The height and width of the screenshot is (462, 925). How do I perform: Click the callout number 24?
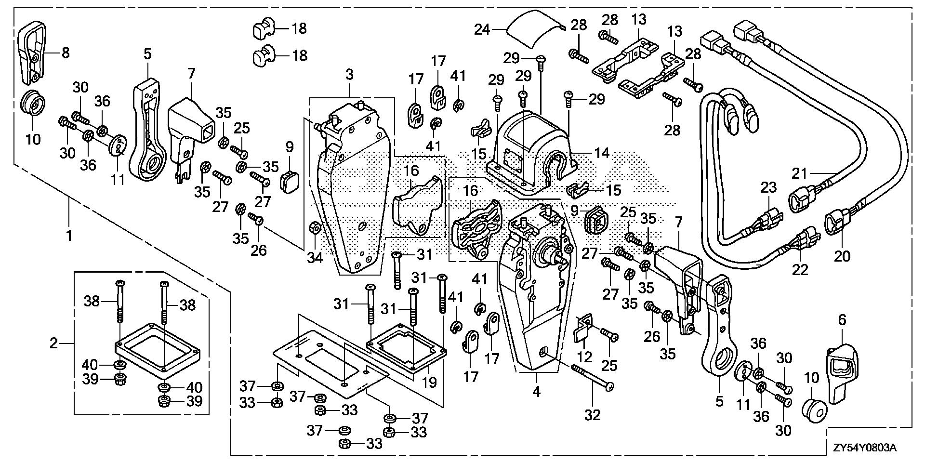(x=482, y=30)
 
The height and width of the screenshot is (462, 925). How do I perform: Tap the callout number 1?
(x=69, y=236)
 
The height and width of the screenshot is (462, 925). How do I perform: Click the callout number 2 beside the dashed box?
(x=54, y=343)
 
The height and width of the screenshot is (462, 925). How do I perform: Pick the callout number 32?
(x=593, y=415)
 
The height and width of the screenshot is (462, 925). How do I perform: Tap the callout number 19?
(x=429, y=382)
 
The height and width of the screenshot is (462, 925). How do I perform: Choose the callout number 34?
(x=315, y=258)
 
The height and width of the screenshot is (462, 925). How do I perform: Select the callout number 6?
(x=842, y=320)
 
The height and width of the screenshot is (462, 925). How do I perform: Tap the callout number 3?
(x=349, y=75)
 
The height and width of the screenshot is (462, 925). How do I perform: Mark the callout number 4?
(x=536, y=392)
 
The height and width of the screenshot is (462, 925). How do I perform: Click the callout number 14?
(x=602, y=154)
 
